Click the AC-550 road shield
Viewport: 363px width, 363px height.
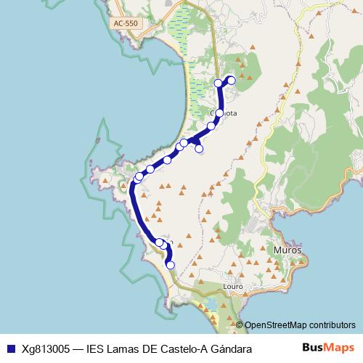click(x=126, y=23)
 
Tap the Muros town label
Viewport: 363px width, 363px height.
click(x=287, y=249)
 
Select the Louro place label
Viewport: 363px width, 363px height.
click(x=233, y=287)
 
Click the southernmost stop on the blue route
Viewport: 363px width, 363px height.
click(x=171, y=265)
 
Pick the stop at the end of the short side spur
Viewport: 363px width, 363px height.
click(x=199, y=149)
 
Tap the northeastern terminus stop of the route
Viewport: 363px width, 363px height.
click(x=232, y=80)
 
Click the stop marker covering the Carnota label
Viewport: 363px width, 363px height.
click(x=219, y=113)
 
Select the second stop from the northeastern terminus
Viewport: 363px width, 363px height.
click(x=219, y=83)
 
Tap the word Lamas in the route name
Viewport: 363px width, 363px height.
click(x=124, y=349)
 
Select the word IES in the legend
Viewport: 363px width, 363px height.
click(x=96, y=349)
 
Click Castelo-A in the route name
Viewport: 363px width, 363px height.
click(x=181, y=349)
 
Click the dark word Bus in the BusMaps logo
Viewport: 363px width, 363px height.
click(x=313, y=349)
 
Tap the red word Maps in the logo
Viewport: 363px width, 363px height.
click(x=339, y=349)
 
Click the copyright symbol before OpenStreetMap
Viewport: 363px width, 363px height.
click(x=240, y=325)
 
